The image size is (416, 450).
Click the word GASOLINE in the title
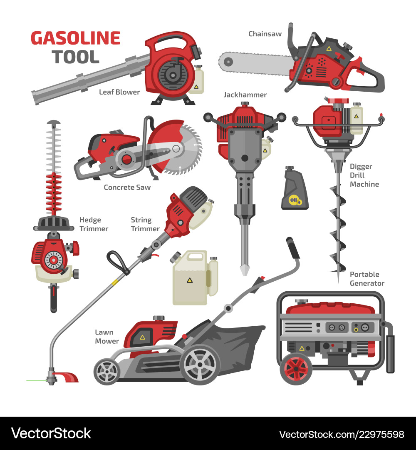[x=75, y=38]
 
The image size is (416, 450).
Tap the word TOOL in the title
[x=76, y=57]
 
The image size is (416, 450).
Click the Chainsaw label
[x=265, y=34]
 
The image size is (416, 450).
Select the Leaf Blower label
[x=119, y=92]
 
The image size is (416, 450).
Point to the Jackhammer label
[x=245, y=95]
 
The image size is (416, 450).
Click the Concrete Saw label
[x=127, y=187]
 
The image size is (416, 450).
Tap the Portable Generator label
[x=367, y=279]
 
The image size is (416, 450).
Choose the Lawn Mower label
[x=107, y=337]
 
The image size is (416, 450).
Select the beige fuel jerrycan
[x=195, y=278]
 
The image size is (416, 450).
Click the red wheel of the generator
[x=296, y=368]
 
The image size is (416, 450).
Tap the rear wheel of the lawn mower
[x=200, y=365]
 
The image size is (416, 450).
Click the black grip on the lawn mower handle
[x=293, y=248]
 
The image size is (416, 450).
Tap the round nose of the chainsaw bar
[x=228, y=62]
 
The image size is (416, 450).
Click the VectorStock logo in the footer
[x=51, y=433]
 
